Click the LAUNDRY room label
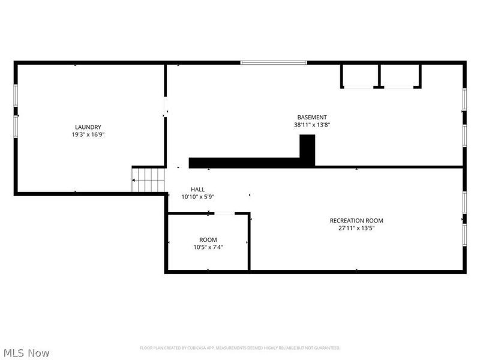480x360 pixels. coord(88,127)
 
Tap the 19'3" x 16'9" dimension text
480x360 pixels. coord(88,134)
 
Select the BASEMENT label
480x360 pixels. coord(312,117)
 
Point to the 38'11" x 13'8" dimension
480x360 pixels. coord(312,125)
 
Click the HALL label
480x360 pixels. coord(197,189)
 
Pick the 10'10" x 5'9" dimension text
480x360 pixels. coord(198,197)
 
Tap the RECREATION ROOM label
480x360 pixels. coord(356,220)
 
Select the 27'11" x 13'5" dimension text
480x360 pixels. coord(356,228)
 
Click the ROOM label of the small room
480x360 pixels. coord(208,239)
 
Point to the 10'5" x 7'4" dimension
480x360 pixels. coord(208,247)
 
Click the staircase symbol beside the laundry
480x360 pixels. coord(149,179)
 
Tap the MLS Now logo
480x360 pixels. coord(26,353)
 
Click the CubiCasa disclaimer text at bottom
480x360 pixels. coord(240,348)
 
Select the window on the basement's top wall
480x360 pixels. coord(274,62)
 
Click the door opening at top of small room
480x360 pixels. coord(224,213)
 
